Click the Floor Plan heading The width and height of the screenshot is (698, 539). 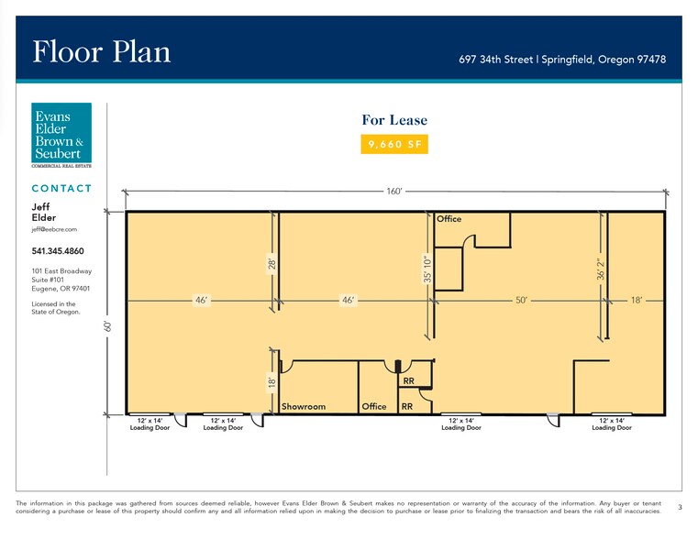(102, 51)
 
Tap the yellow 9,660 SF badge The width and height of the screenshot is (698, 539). (394, 144)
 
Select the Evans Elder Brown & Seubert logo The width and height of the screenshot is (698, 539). (61, 135)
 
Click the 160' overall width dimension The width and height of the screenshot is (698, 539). (394, 192)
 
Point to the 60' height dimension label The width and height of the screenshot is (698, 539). (107, 326)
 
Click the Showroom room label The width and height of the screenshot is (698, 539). (304, 406)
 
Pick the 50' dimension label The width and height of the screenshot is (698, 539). (521, 300)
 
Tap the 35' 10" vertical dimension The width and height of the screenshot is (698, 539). (427, 269)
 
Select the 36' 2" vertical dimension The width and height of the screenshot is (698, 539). (601, 269)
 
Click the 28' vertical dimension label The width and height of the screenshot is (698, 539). (272, 264)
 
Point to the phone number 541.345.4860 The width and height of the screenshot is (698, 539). (58, 251)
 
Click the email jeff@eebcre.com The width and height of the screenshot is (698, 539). (54, 229)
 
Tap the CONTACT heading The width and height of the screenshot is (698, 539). (61, 189)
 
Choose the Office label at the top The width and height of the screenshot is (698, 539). (449, 219)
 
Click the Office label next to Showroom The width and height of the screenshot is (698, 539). (374, 406)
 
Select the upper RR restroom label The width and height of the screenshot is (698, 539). (409, 381)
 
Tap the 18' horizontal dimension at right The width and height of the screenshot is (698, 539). (637, 300)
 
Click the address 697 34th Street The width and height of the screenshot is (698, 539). (496, 60)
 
